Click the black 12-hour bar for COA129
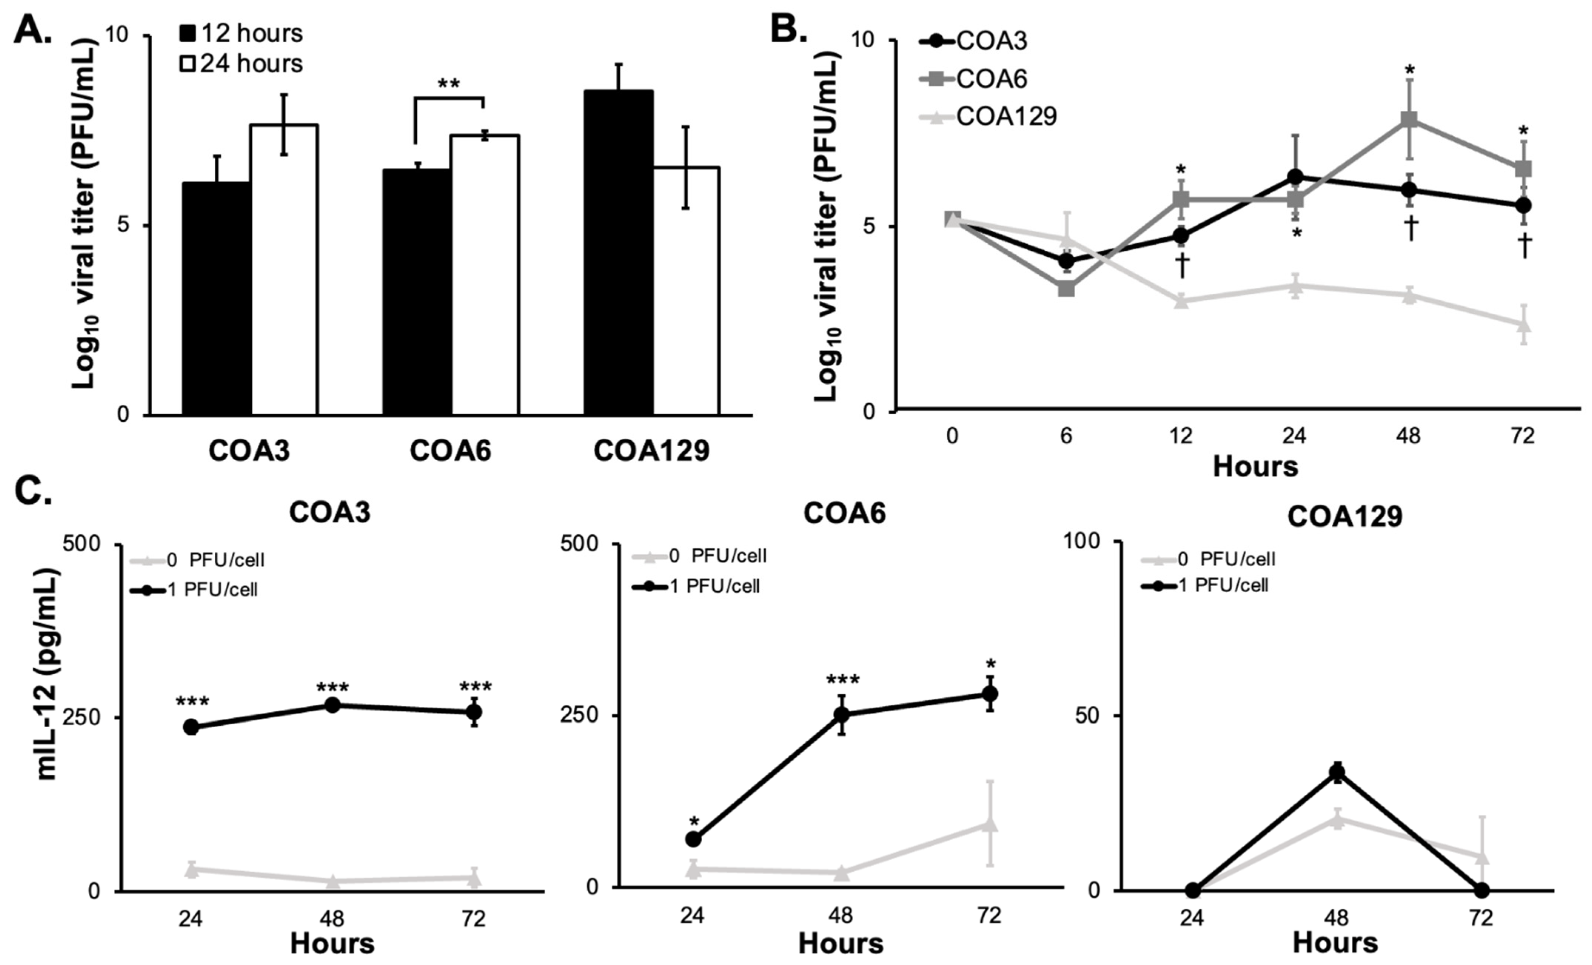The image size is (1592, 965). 618,252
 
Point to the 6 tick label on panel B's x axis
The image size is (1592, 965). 1066,436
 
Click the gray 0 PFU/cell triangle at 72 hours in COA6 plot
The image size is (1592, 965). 989,824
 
